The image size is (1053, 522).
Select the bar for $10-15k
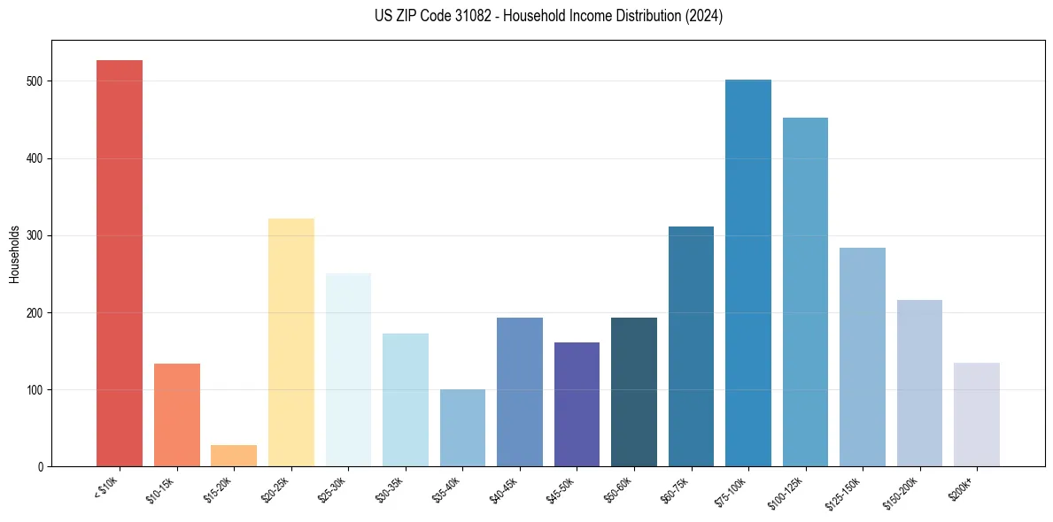pos(177,415)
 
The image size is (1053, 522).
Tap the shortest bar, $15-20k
pos(234,456)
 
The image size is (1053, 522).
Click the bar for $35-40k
pos(462,428)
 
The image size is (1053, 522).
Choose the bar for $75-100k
pos(748,273)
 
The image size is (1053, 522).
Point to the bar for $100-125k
pos(805,292)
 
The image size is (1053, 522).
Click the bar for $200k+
pos(977,415)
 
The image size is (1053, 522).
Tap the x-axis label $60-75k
pos(675,488)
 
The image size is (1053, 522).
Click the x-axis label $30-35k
pos(389,488)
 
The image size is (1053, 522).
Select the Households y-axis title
pos(14,253)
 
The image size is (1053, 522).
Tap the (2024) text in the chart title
pos(704,16)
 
